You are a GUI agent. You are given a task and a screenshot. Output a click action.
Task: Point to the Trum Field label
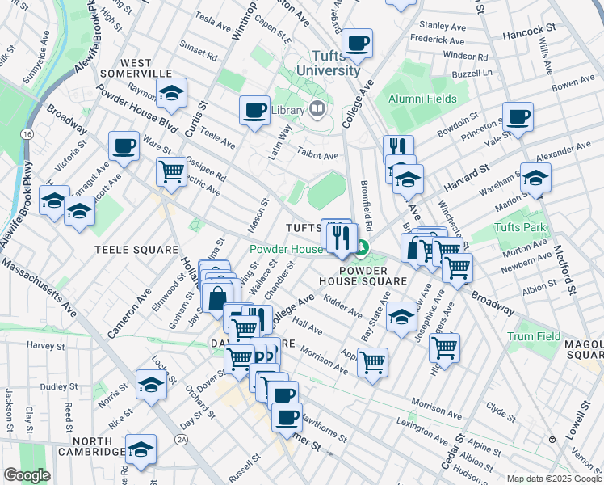click(x=534, y=335)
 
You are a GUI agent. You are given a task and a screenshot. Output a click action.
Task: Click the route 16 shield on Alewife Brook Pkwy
click(x=27, y=133)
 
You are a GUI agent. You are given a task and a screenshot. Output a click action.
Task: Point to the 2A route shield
click(x=182, y=440)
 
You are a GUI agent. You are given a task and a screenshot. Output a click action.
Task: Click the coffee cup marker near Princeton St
click(x=518, y=117)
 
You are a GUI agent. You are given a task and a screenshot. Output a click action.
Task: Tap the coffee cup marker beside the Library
click(x=254, y=111)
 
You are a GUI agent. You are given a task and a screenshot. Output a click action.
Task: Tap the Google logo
click(x=27, y=475)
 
